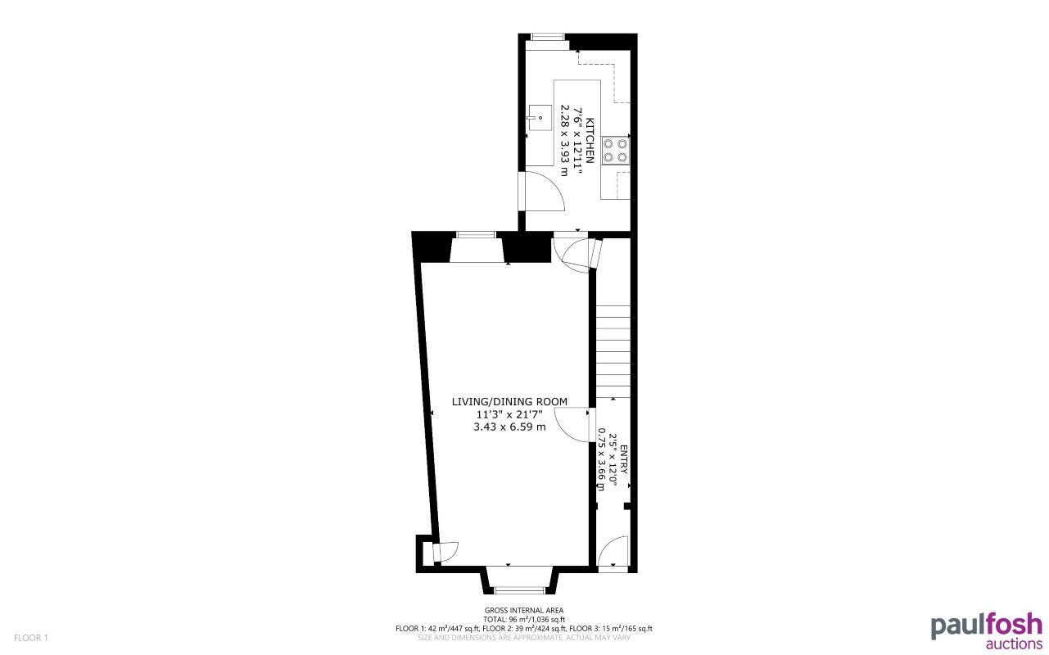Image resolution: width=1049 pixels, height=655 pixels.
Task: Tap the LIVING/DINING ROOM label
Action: coord(509,401)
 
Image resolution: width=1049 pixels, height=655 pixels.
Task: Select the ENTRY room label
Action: coord(623,458)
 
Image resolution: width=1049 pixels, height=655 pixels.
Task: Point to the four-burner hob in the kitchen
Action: coord(615,150)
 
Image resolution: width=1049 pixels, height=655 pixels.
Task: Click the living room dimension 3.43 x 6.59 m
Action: coord(509,427)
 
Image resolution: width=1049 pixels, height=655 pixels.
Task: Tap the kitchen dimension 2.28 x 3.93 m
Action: coord(564,139)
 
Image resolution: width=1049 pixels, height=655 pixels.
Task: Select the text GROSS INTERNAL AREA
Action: coord(524,609)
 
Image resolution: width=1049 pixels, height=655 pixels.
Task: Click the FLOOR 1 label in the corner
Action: coord(32,638)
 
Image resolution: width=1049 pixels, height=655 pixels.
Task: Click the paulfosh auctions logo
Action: coord(986,630)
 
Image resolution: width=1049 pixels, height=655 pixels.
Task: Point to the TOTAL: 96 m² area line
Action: coord(524,619)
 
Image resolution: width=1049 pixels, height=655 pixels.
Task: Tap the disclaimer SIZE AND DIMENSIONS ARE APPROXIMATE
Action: coord(524,637)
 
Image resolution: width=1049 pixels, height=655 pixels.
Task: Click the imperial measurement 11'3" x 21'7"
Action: coord(509,414)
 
